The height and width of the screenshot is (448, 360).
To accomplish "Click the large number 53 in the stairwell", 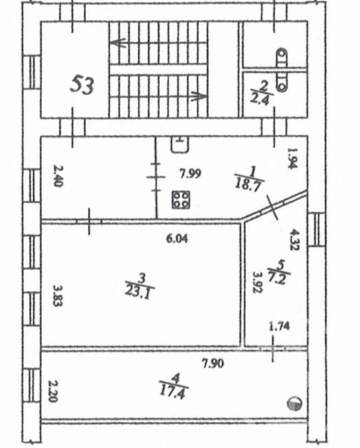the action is pos(82,85).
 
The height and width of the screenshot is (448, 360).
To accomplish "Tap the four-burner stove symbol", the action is pos(181,199).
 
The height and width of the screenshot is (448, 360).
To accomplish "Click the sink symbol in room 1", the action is pos(180,144).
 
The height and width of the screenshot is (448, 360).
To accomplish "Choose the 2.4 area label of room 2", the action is pos(259,99).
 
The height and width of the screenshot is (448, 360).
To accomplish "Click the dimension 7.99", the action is pos(190,173).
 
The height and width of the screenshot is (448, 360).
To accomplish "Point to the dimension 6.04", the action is pos(177,239).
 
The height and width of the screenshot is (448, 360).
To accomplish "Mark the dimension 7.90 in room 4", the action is pos(213,364).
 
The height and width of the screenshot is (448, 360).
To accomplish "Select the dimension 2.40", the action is pos(58,176).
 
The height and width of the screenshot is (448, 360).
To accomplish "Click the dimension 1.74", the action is pos(279,326).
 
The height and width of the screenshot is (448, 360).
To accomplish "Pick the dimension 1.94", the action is pos(291,158).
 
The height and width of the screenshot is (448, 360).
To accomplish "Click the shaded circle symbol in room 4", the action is pos(294,404).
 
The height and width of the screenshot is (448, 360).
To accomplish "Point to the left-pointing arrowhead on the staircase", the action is pos(118,43).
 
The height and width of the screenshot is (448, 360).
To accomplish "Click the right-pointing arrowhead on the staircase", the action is pos(199,96).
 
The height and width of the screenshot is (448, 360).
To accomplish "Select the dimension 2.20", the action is pos(52,391).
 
